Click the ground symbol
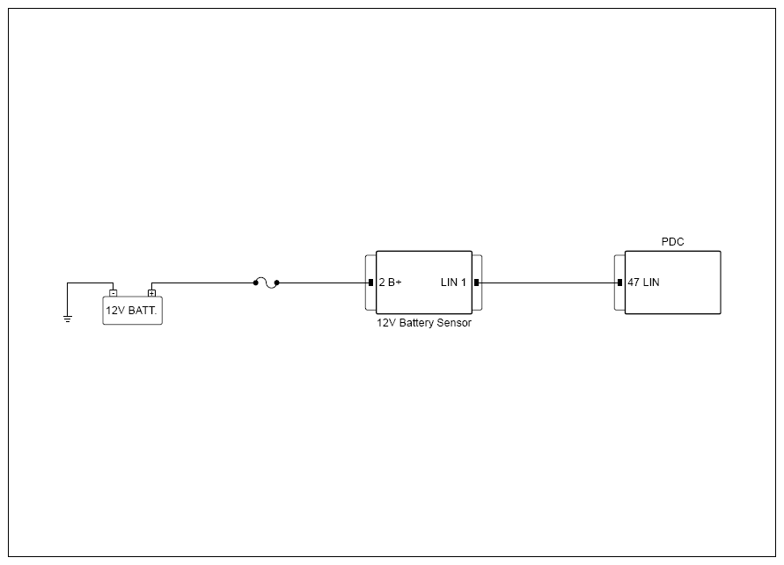coord(68,319)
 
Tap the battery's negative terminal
coord(113,293)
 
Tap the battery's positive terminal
coord(151,293)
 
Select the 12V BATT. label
coord(131,311)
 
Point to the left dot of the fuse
coord(255,283)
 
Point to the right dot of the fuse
coord(277,283)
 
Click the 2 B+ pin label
coord(390,282)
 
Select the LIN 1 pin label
coord(453,282)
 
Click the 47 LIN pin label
coord(643,282)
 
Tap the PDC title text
coord(672,242)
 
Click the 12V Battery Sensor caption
coord(424,323)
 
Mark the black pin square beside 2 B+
coord(370,283)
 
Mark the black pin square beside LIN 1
coord(477,283)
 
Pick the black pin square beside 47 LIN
coord(620,283)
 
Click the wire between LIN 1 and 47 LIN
coord(548,283)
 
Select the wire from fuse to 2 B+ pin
coord(324,283)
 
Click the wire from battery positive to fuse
coord(202,283)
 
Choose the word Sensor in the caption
coord(455,323)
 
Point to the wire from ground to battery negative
coord(90,283)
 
